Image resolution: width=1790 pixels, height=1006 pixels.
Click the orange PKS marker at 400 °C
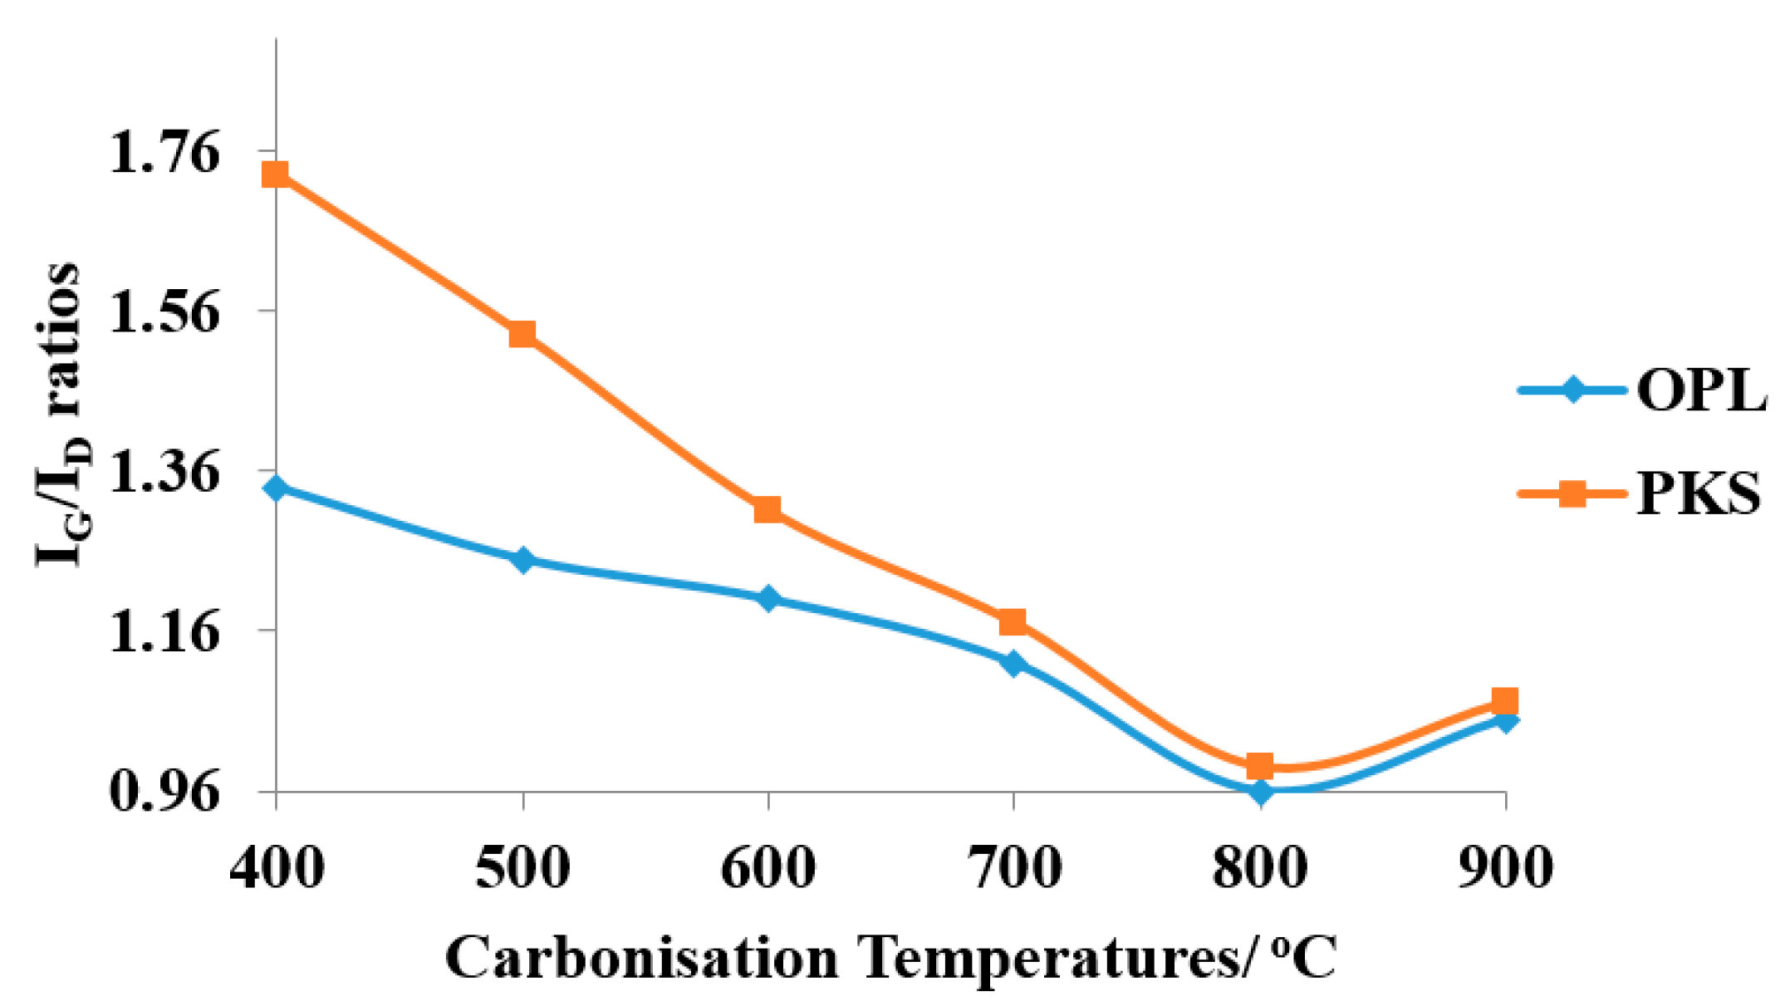(276, 174)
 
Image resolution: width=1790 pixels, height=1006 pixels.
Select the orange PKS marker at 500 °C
(522, 334)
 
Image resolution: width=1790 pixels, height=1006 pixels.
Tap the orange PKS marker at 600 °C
(767, 509)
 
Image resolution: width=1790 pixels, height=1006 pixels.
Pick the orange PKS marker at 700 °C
(1013, 621)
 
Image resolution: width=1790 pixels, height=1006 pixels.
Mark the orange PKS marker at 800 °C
(1259, 765)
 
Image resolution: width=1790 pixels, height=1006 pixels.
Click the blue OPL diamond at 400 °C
(276, 488)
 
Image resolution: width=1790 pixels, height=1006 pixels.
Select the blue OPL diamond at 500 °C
(522, 560)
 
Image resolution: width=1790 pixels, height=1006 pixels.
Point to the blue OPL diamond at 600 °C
(767, 598)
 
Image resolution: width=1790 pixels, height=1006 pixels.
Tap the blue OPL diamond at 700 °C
(1013, 662)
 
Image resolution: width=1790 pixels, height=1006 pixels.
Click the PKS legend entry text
(1698, 493)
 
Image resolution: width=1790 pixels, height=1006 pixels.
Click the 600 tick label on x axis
(767, 867)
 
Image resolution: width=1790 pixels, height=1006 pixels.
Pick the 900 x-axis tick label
(1505, 867)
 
